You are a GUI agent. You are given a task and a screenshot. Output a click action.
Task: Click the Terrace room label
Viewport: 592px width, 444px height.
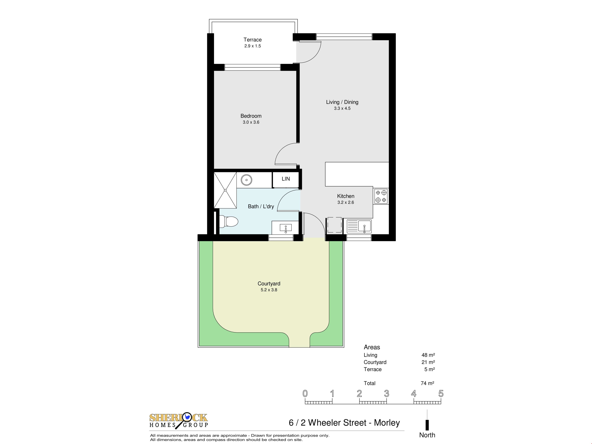point(252,40)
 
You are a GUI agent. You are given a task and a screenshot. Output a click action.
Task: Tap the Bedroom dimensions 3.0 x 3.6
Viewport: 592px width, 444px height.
point(251,122)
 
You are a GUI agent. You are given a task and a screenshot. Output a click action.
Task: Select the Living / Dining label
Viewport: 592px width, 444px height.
point(342,102)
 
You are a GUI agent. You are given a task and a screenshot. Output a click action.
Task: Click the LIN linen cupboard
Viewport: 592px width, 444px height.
point(286,179)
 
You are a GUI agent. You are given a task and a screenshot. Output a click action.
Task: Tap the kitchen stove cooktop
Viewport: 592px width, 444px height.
point(381,196)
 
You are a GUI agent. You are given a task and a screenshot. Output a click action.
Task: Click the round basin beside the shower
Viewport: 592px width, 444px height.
point(247,180)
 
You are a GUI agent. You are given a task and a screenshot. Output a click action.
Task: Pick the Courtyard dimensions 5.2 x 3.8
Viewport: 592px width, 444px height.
point(269,290)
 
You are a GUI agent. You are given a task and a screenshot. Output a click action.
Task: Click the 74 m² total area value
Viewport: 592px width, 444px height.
point(427,383)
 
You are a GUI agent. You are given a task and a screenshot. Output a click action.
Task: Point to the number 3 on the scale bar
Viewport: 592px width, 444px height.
point(386,393)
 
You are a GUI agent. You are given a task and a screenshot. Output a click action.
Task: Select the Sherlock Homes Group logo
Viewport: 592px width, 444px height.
point(179,421)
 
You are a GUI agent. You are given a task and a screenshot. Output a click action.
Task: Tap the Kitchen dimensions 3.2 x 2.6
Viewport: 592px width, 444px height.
point(345,202)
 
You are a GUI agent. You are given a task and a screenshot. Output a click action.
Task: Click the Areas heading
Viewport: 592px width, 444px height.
point(372,347)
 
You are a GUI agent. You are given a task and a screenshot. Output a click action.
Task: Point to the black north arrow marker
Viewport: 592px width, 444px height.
point(427,425)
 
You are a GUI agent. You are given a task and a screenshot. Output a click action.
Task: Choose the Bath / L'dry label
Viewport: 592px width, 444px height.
point(261,206)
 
